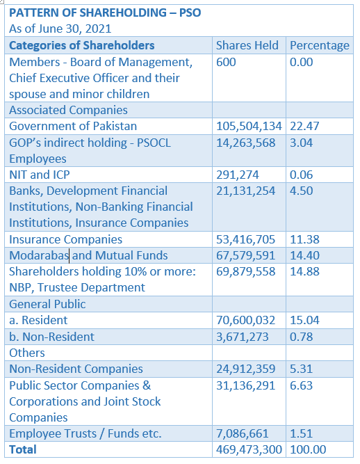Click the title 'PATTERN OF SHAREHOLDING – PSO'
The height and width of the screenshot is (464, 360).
105,13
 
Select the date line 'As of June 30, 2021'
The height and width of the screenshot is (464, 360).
60,29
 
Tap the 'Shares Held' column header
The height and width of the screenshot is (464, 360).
247,45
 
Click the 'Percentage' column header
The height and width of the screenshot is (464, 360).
320,46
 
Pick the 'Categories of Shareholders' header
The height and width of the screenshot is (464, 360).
81,45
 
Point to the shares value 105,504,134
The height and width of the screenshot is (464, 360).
249,127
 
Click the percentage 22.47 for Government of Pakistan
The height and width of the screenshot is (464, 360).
304,127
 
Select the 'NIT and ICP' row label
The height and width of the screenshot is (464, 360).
40,175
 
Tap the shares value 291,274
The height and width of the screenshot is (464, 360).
238,175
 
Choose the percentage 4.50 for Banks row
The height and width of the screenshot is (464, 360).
301,191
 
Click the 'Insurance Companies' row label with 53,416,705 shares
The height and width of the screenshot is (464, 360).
65,239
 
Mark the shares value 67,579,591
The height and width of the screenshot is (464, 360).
245,256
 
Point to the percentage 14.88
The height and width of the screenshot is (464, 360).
304,272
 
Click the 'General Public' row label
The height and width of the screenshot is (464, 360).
47,304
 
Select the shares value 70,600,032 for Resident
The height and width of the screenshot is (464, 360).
245,321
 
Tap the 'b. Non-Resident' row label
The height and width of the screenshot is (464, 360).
51,337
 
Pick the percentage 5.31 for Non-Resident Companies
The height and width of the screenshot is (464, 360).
301,369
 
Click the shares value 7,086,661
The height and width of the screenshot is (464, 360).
243,434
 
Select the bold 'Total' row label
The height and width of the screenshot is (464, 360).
23,450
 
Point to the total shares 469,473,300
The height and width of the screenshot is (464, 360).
249,450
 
